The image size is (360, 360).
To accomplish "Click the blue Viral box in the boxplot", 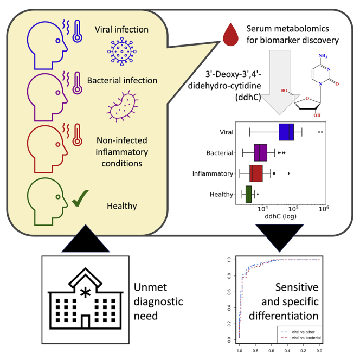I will [286, 132].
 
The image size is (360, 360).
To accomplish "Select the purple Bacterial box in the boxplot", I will [260, 153].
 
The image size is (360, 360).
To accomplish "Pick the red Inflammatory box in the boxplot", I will [256, 173].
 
